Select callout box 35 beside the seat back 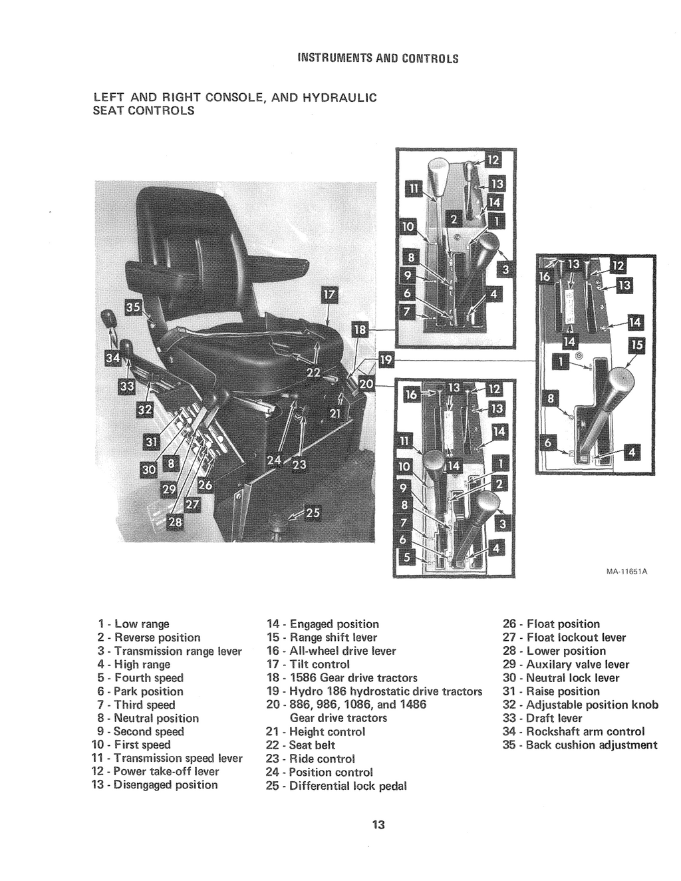(134, 307)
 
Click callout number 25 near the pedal (313, 512)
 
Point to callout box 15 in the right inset (636, 345)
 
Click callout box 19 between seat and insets (385, 361)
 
